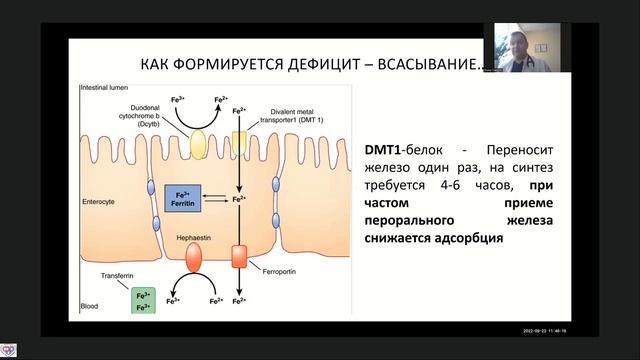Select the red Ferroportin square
click(239, 255)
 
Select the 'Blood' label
click(89, 307)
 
